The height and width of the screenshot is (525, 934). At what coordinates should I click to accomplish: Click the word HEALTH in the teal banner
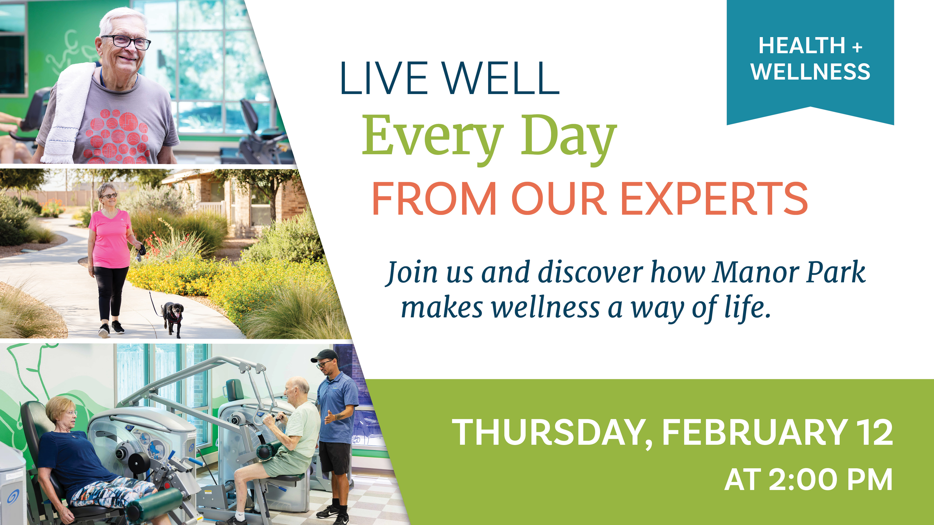pyautogui.click(x=802, y=46)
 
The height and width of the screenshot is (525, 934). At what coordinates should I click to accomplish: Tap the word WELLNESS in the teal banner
pyautogui.click(x=810, y=72)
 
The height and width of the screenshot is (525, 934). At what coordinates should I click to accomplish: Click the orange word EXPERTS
pyautogui.click(x=714, y=199)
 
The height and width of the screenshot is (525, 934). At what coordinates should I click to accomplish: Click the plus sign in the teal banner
pyautogui.click(x=857, y=47)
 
